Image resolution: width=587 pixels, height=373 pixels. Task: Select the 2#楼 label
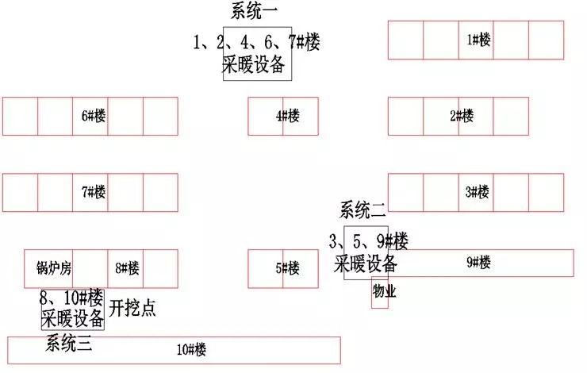[462, 116]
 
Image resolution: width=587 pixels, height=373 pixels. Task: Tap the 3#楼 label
[477, 192]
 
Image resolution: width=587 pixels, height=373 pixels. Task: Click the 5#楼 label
[287, 268]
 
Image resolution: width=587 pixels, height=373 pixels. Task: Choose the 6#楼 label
[94, 116]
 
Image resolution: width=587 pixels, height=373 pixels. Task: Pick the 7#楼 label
[94, 192]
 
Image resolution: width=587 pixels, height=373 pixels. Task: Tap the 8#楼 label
[127, 268]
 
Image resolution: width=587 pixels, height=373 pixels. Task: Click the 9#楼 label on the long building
[478, 262]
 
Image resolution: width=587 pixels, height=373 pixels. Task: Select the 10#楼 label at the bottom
[191, 349]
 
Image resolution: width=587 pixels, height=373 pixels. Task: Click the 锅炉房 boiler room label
[54, 268]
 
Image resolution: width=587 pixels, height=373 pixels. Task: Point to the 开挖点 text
[132, 309]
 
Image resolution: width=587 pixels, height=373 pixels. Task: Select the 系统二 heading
[363, 210]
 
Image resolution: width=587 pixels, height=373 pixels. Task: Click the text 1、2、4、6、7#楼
[257, 43]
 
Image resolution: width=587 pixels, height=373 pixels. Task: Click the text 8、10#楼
[71, 298]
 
